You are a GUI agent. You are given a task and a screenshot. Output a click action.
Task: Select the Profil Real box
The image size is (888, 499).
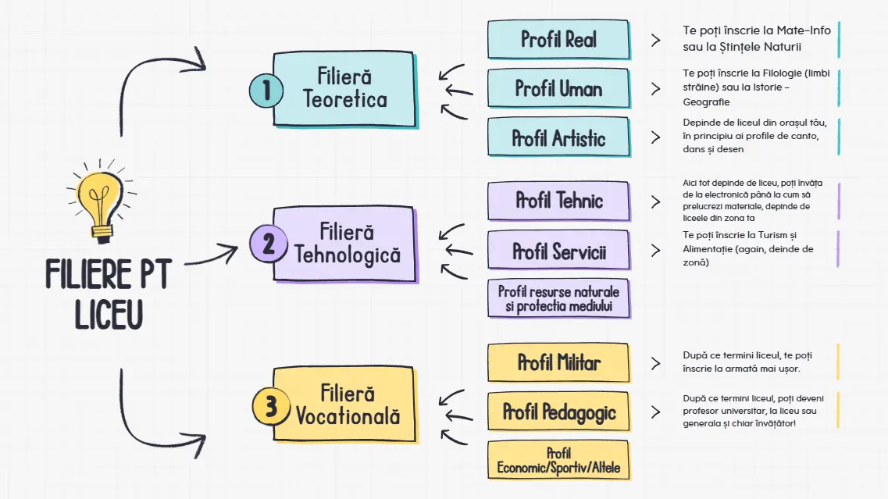point(558,39)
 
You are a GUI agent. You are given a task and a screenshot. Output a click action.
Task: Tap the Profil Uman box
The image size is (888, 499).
point(558,88)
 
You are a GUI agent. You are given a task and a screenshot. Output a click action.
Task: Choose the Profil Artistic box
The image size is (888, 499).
point(558,138)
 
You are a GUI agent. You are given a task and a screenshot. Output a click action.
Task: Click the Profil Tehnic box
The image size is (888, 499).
point(558,201)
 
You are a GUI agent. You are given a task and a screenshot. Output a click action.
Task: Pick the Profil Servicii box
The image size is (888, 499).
point(558,251)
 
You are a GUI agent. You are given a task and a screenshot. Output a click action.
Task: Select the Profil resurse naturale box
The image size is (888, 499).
point(558,299)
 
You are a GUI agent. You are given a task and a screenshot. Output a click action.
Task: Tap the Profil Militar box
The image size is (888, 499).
point(558,362)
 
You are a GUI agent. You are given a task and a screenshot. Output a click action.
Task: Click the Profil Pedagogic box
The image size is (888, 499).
point(558,412)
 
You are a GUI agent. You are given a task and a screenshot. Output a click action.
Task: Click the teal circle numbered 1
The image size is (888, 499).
point(266,91)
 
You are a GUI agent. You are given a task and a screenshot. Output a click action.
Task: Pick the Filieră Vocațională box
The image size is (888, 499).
point(348,405)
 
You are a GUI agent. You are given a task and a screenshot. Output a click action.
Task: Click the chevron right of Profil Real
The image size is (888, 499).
point(655,39)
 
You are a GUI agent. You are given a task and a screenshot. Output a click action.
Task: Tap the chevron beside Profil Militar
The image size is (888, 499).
point(655,362)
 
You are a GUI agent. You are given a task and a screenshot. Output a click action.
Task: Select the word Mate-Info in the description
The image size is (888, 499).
point(803,30)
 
